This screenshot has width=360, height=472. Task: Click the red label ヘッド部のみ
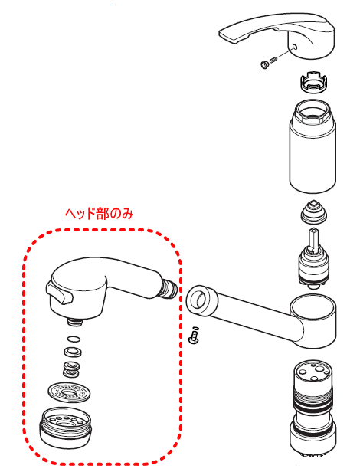click(100, 214)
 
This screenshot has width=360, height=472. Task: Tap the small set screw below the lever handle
click(269, 62)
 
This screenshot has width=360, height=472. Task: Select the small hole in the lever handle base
click(294, 47)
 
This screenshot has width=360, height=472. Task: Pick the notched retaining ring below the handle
click(313, 81)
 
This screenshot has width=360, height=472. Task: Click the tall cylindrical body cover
click(313, 146)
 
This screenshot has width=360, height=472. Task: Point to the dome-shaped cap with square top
click(313, 211)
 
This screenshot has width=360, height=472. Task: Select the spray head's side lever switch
click(59, 294)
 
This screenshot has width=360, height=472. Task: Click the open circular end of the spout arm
click(200, 300)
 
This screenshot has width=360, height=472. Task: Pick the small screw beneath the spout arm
click(193, 337)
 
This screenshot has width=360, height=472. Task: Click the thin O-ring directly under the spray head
click(74, 339)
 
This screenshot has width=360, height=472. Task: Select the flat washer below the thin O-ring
click(73, 351)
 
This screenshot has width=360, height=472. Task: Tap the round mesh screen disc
click(69, 392)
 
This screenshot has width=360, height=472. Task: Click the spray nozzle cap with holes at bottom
click(64, 427)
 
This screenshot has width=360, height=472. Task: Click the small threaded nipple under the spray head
click(74, 322)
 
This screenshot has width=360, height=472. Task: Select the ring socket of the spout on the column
click(313, 321)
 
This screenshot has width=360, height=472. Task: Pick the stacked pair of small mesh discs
click(72, 369)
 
